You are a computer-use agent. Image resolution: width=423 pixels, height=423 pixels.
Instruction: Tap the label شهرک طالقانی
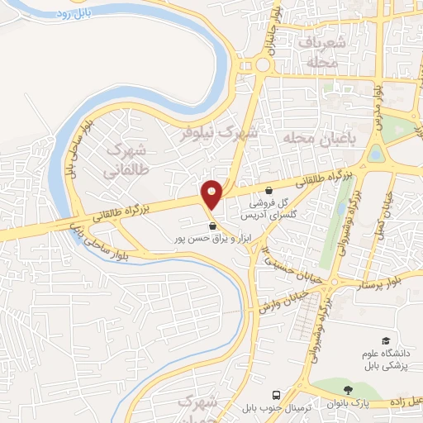point(126,162)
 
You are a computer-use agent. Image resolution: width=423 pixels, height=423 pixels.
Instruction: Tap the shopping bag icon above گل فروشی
point(269,189)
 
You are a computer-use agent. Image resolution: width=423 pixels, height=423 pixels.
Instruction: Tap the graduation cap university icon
point(385,340)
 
